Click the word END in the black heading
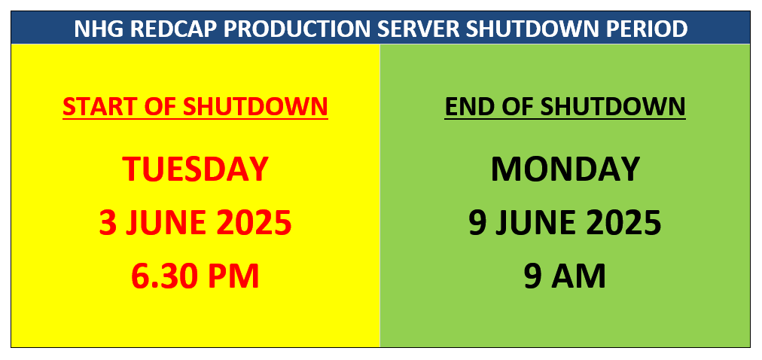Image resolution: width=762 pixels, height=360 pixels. pyautogui.click(x=467, y=106)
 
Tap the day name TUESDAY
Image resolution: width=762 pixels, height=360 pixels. pyautogui.click(x=195, y=169)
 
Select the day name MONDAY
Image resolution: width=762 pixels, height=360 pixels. pyautogui.click(x=565, y=169)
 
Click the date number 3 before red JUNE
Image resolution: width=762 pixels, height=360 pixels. pyautogui.click(x=108, y=222)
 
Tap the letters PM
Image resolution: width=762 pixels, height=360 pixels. pyautogui.click(x=231, y=276)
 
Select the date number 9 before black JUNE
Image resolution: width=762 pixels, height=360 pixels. pyautogui.click(x=477, y=222)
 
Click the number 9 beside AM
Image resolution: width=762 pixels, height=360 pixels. pyautogui.click(x=532, y=276)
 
